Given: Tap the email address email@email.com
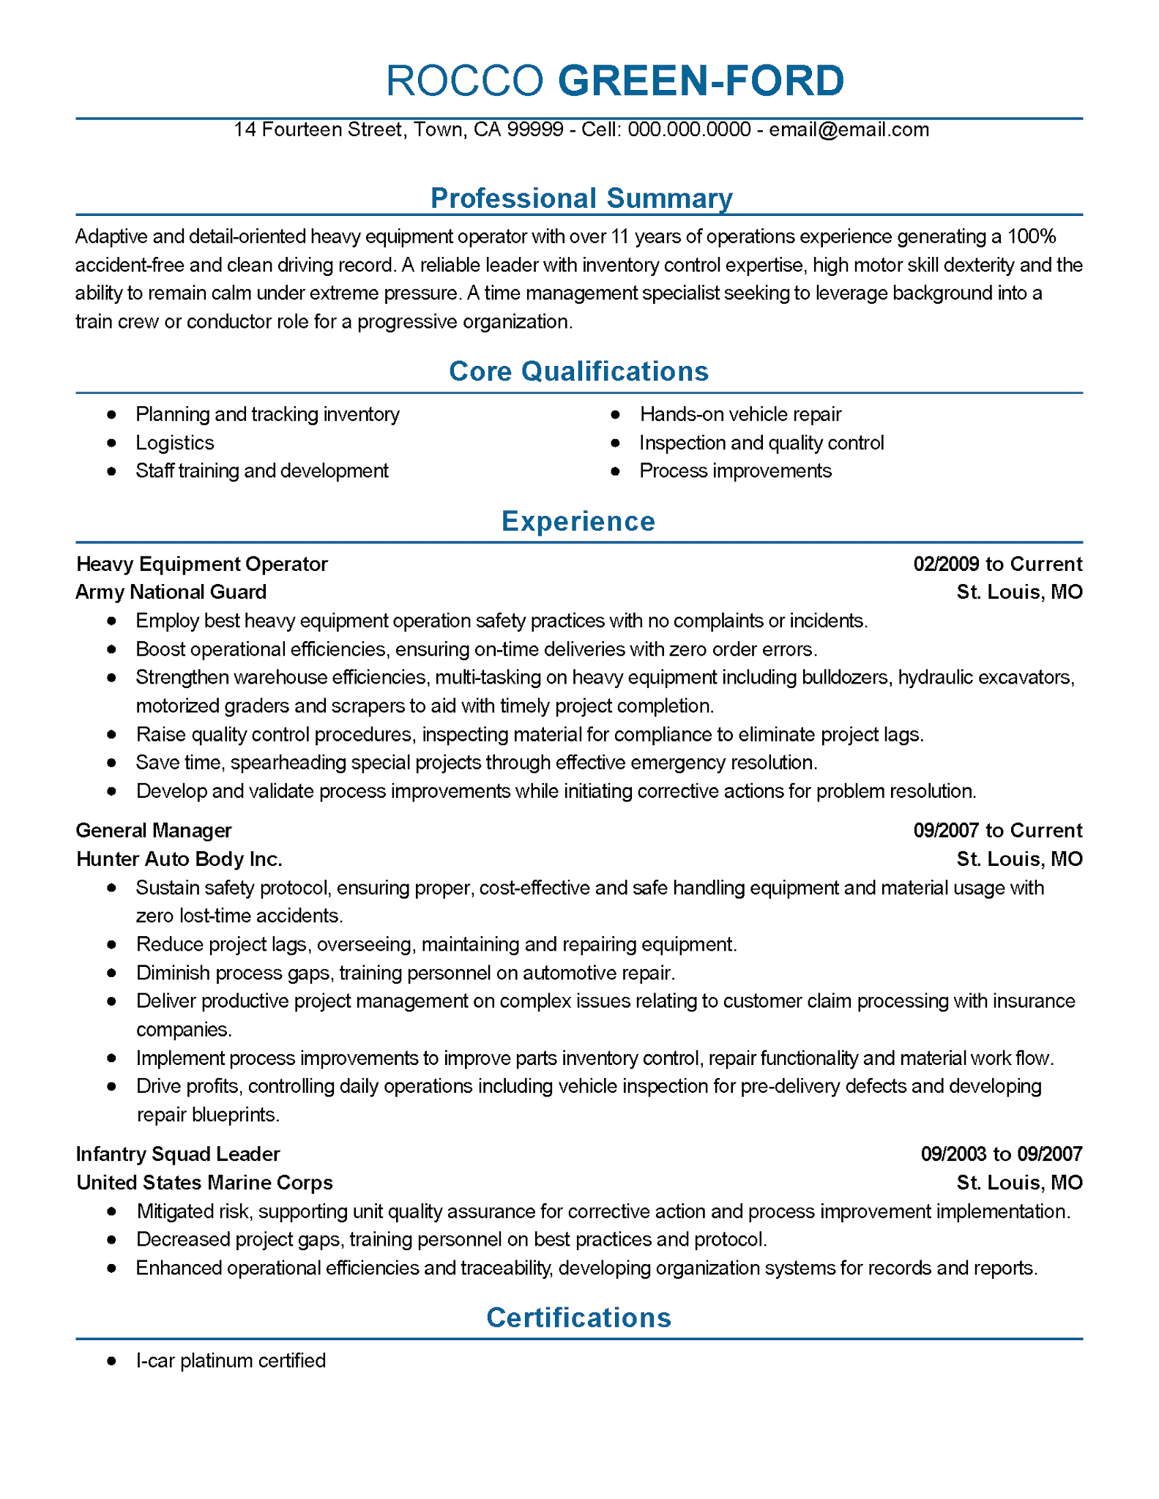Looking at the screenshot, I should (x=849, y=130).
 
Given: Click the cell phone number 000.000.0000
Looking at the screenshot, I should (x=689, y=130).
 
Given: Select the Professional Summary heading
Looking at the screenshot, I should (x=581, y=198).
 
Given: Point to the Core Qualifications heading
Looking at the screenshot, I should (x=578, y=371).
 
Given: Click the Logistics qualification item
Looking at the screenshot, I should (x=174, y=443).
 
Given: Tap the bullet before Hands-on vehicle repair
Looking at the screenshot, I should (x=615, y=415).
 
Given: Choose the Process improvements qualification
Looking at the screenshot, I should (x=735, y=471).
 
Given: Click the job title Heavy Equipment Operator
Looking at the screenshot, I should (x=202, y=564).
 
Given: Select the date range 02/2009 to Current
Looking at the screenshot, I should (x=997, y=564).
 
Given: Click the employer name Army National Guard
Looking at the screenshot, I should (x=171, y=591).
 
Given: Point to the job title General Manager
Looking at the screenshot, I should (x=154, y=830).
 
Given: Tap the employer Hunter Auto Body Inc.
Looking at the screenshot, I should (x=179, y=859).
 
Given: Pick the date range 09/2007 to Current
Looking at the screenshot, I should (x=997, y=830).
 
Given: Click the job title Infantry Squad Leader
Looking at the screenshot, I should (x=178, y=1154).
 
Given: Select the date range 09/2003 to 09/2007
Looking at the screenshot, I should (x=1001, y=1154).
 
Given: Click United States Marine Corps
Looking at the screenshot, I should (x=204, y=1182).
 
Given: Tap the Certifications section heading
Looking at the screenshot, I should (x=578, y=1317).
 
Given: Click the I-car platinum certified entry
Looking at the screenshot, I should (x=231, y=1361).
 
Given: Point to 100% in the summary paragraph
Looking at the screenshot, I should (x=1032, y=236).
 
